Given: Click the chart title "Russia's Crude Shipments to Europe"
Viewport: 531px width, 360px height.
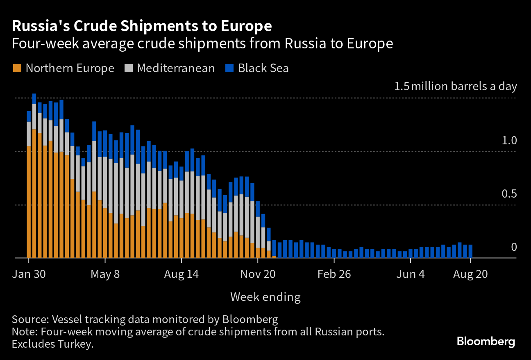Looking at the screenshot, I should (x=142, y=26).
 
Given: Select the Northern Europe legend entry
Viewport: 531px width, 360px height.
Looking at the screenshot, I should (x=70, y=68).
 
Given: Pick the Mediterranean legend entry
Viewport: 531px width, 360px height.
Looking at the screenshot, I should (x=176, y=68).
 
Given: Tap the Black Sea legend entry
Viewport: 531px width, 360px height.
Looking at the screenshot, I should (x=263, y=68).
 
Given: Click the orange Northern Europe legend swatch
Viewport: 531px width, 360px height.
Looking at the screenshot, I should (x=17, y=68).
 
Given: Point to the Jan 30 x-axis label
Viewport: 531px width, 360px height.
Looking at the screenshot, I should (x=28, y=274).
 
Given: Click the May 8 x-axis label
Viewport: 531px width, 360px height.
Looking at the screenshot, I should (x=105, y=274).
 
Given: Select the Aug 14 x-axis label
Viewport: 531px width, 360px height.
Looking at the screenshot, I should (x=181, y=274).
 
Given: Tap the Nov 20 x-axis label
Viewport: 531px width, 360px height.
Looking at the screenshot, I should (x=258, y=274).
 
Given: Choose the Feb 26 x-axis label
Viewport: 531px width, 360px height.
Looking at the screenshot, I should (x=334, y=274).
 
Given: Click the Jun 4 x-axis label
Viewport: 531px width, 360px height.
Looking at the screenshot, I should (x=411, y=274).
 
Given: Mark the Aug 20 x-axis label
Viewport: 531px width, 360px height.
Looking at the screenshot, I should (x=470, y=274).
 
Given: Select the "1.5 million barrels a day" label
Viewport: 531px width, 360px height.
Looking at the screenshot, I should (x=456, y=87).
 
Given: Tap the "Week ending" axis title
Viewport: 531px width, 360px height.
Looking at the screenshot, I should (x=265, y=297).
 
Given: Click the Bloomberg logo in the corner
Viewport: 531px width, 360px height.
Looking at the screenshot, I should (x=486, y=342).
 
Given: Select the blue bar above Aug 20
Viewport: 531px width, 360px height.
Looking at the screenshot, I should (x=470, y=251).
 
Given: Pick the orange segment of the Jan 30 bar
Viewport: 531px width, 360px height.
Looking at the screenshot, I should (x=29, y=201).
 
